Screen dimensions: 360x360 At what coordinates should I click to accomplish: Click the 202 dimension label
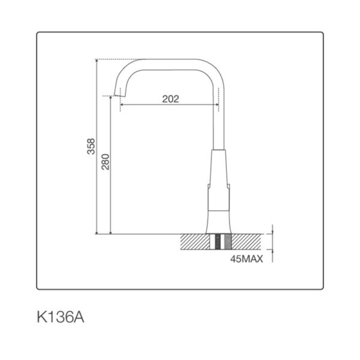(170, 99)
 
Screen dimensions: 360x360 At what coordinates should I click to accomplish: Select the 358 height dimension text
(91, 146)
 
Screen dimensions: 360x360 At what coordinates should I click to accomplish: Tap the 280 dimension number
(106, 162)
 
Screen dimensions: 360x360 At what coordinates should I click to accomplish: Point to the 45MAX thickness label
(247, 259)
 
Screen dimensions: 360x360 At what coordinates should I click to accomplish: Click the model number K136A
(61, 317)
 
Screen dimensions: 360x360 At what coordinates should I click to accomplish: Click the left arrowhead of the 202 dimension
(122, 104)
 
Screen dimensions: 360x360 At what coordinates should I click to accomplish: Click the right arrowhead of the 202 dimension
(217, 104)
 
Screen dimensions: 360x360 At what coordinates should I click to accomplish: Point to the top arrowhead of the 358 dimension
(97, 61)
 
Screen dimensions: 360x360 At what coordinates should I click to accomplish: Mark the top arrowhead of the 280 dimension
(110, 98)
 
